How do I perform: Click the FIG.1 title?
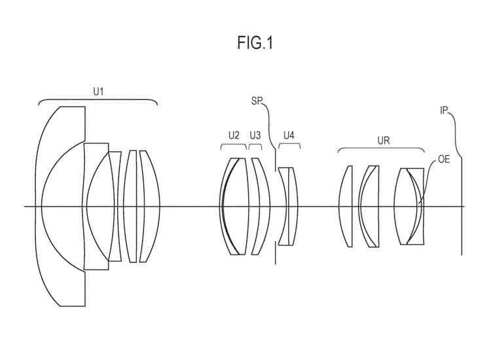point(255,43)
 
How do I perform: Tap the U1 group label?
point(98,92)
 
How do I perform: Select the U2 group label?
point(234,135)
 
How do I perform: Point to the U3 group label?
point(255,135)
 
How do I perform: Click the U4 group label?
point(289,135)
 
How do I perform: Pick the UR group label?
point(383,141)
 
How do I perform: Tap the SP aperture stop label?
point(256,101)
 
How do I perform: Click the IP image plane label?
point(444,110)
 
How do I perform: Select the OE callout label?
point(444,159)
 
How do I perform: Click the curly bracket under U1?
point(98,99)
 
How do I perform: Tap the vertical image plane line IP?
point(462,206)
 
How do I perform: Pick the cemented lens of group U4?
point(289,206)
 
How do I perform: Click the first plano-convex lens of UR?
point(346,206)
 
